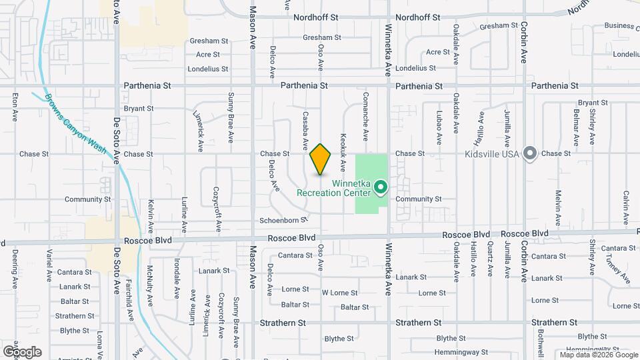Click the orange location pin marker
(x=321, y=159)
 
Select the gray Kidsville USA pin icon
(x=530, y=153)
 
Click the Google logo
(x=22, y=351)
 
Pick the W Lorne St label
(x=339, y=293)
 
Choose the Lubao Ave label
(x=439, y=127)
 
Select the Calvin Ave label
(x=626, y=208)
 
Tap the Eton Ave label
(x=15, y=107)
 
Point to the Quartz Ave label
(x=490, y=261)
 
